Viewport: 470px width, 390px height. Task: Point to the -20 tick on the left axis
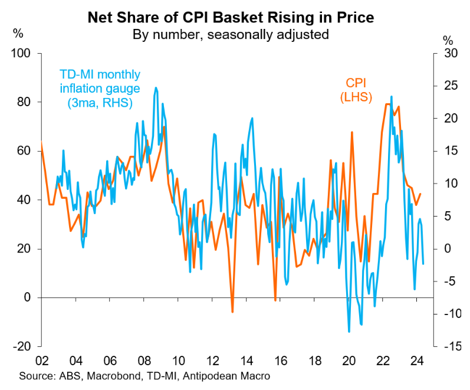(24, 346)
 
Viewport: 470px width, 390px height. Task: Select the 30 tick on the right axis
(451, 54)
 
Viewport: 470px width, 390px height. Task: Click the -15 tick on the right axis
(451, 346)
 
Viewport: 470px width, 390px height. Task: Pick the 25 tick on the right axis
(451, 86)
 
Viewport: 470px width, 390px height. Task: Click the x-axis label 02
(41, 361)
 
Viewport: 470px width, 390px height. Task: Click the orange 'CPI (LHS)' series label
(355, 90)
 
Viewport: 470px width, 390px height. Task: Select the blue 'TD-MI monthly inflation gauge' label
(100, 89)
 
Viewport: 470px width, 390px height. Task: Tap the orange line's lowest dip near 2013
(232, 312)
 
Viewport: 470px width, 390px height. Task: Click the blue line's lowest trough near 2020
(349, 332)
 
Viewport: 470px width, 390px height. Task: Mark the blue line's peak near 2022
(392, 96)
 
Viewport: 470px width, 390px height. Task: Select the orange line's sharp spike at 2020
(351, 132)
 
